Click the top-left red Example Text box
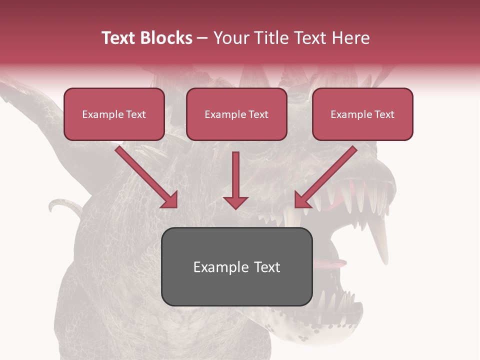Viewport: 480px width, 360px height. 114,114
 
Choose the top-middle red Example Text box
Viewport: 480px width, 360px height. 236,114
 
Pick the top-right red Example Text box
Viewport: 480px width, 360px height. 362,114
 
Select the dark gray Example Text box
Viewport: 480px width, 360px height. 236,267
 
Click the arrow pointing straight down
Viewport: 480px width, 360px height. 235,180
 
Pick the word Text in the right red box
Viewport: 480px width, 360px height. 384,114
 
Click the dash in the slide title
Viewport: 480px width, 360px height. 202,38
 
